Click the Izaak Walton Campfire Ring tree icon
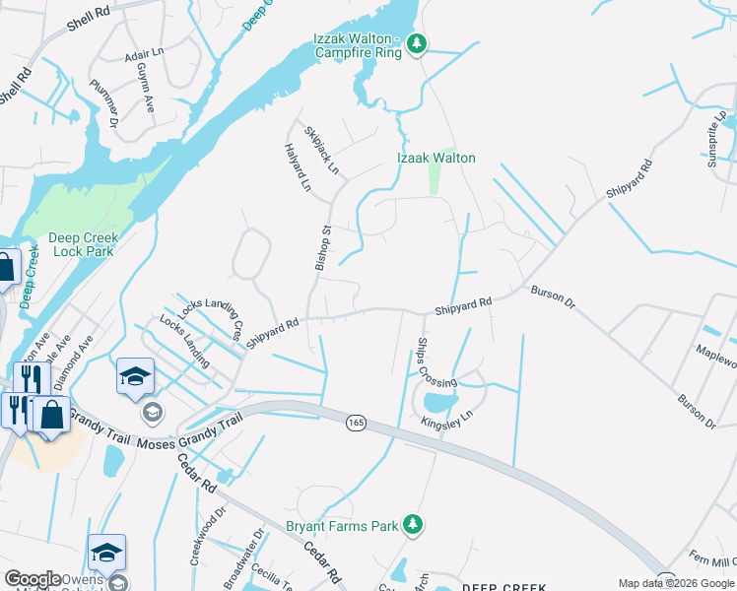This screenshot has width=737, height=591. coord(418,42)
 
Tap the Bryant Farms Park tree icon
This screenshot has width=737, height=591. coord(416,525)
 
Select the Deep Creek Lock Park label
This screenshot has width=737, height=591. coord(82,244)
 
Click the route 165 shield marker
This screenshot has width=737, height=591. coord(357,423)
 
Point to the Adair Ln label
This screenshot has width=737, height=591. coord(144,53)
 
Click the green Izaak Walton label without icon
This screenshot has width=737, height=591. coord(436,158)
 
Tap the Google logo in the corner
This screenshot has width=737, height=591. coord(33,579)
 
